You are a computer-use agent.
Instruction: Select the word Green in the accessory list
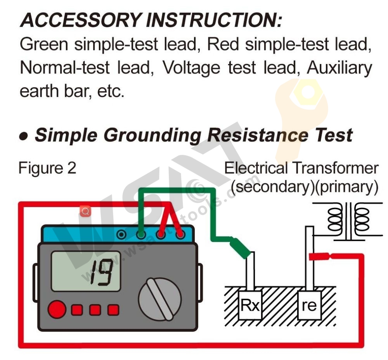point(43,45)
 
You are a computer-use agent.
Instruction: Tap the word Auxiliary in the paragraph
point(339,68)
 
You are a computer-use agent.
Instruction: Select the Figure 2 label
point(47,169)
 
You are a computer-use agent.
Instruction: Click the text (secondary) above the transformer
point(272,187)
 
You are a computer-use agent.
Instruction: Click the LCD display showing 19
point(86,271)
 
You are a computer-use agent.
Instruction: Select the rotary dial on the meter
point(160,299)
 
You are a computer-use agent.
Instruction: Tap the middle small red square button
point(95,310)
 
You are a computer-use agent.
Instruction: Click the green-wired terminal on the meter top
point(141,235)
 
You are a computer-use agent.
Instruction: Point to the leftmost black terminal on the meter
point(122,235)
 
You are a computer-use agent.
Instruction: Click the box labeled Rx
point(250,305)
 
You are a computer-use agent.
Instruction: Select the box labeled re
point(309,305)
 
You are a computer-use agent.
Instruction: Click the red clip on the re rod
point(319,256)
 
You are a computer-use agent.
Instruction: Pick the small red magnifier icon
point(85,211)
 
